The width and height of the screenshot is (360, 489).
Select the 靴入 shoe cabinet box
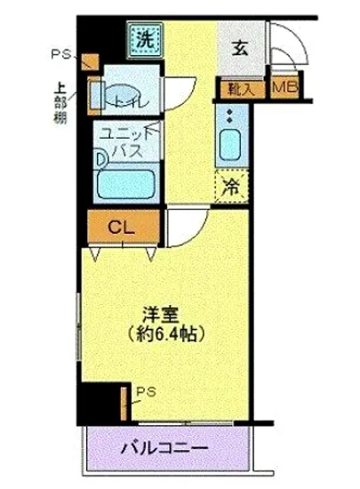pyautogui.click(x=241, y=88)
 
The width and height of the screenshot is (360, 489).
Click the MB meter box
pyautogui.click(x=284, y=87)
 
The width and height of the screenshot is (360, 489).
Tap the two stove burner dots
pyautogui.click(x=229, y=116)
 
